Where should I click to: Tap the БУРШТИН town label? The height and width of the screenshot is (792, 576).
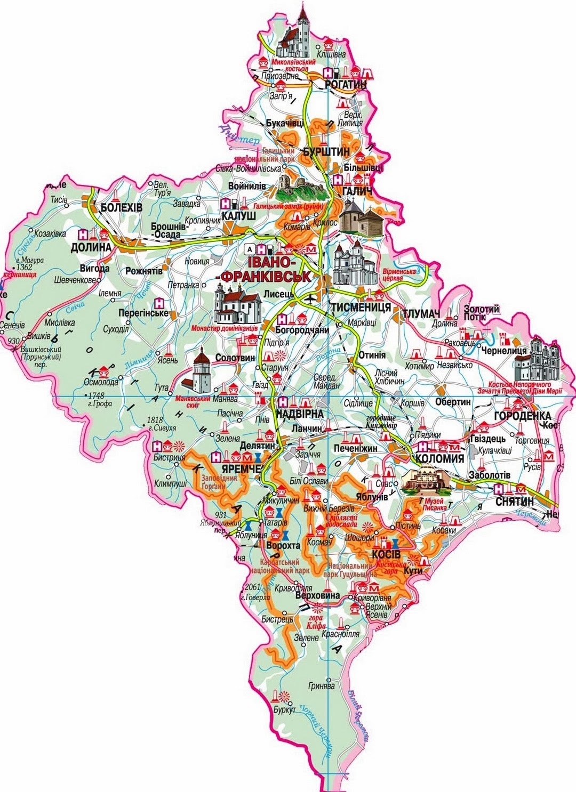326,152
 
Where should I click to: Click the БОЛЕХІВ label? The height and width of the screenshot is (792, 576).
122,207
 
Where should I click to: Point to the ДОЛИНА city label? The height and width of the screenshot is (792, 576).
91,247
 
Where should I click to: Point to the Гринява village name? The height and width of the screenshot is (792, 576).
322,686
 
